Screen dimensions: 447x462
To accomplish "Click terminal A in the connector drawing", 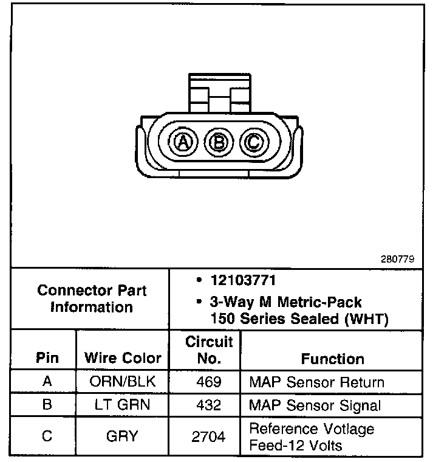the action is pos(182,143).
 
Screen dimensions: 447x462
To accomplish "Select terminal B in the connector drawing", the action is pos(217,143).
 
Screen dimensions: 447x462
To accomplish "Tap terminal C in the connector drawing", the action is pos(252,143).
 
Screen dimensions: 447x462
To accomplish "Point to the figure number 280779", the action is pos(397,258).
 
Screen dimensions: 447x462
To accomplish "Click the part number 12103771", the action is pos(243,281).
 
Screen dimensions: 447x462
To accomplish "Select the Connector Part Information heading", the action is pos(92,298).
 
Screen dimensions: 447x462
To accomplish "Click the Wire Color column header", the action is pos(123,357).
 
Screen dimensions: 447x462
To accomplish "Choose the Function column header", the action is pos(332,359).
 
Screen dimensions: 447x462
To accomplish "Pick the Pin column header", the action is pos(47,357).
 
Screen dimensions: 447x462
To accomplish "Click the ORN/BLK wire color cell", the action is pos(123,383).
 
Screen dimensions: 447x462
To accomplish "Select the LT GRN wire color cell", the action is pos(123,405).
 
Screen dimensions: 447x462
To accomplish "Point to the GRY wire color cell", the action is pos(122,436).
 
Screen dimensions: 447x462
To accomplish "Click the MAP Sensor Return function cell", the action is pos(316,383).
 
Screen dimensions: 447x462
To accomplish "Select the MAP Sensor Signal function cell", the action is pos(315,405).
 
